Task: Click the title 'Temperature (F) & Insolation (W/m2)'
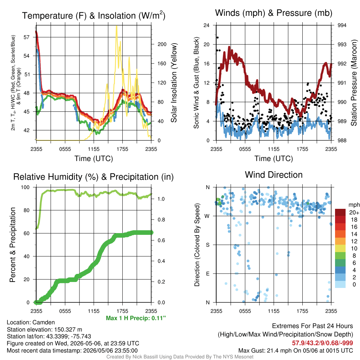(94, 15)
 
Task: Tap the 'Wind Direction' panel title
(274, 175)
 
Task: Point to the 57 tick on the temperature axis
(27, 37)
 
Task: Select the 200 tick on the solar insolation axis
(162, 44)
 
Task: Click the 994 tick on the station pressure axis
(342, 25)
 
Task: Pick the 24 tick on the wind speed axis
(206, 25)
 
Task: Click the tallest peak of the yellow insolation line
(117, 26)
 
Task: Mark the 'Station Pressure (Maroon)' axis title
(354, 83)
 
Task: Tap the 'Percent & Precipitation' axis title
(13, 245)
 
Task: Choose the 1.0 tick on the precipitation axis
(161, 199)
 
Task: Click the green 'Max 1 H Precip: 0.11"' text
(136, 318)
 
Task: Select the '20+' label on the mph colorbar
(354, 212)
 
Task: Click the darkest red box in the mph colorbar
(340, 212)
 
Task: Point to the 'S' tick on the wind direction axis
(207, 245)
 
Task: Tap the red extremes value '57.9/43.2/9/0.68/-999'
(322, 343)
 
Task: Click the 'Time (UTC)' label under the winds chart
(274, 159)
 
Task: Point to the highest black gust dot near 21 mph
(217, 37)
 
